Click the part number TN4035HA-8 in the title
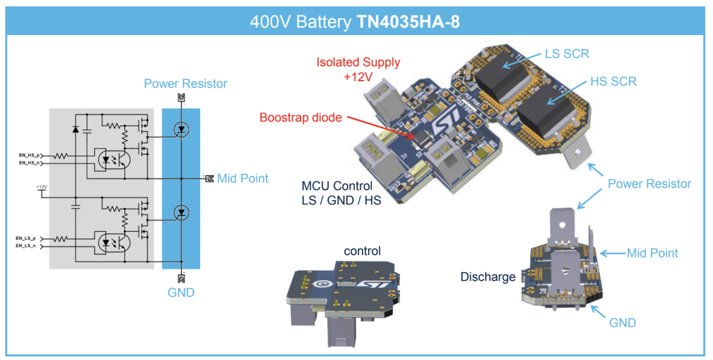pos(408,21)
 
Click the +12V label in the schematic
pos(42,188)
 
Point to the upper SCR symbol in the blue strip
pos(181,129)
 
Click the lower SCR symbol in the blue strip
pos(181,213)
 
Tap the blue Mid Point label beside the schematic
pos(243,178)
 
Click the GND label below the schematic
pos(181,292)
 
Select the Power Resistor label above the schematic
pos(186,84)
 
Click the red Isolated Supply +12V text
pos(358,69)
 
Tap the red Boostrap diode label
pos(300,118)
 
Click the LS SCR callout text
pos(566,54)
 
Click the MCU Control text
pos(337,186)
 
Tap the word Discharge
pos(488,277)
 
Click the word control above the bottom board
pos(362,251)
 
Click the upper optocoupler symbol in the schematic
pos(108,159)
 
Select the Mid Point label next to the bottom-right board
pos(652,252)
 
